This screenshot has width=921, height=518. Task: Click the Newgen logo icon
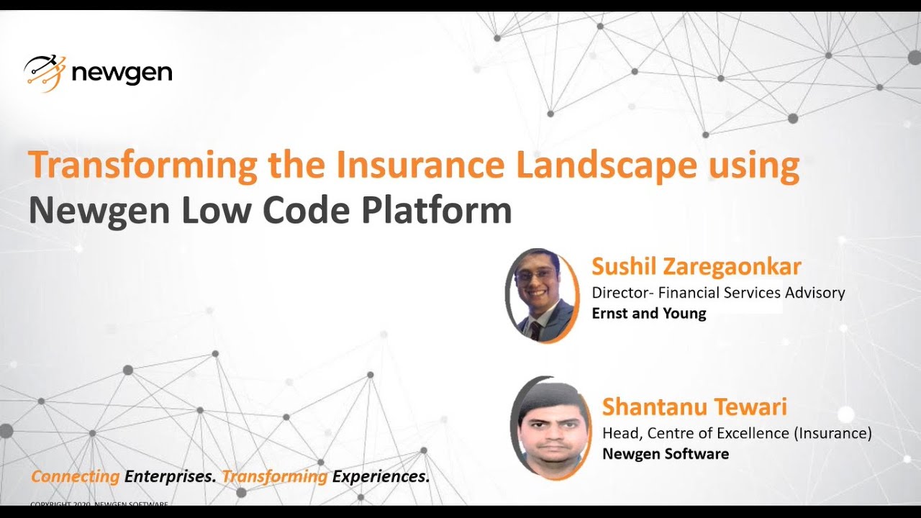(x=45, y=73)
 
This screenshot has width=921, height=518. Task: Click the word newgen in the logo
(x=122, y=73)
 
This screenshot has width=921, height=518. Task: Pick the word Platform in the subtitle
(x=436, y=210)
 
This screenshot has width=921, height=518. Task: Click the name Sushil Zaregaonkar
(x=696, y=267)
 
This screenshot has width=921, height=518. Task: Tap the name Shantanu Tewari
(x=694, y=407)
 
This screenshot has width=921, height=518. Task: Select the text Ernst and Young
(x=648, y=314)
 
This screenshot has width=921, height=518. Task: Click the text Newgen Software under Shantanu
(x=665, y=454)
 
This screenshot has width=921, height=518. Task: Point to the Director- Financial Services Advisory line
(x=717, y=293)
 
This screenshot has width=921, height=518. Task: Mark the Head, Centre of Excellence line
(x=736, y=433)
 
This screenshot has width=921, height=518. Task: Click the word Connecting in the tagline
(x=76, y=476)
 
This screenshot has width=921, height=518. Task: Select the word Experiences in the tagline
(x=381, y=476)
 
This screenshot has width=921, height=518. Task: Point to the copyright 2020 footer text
(x=99, y=504)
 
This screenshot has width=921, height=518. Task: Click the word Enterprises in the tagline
(x=170, y=476)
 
